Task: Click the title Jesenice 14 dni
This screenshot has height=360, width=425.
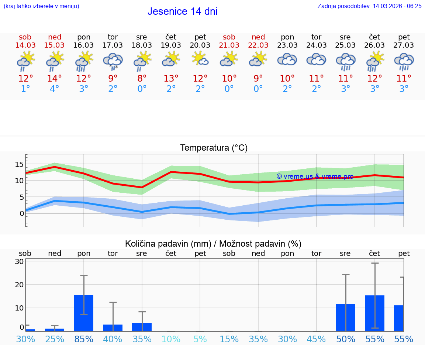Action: [x=182, y=11]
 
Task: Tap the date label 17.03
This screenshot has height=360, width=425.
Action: [x=113, y=45]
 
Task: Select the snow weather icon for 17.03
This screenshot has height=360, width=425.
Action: [x=113, y=61]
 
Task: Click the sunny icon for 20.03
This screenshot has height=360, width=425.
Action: [x=200, y=59]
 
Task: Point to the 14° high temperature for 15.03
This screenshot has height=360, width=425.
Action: [x=54, y=79]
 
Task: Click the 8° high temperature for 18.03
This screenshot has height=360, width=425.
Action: [x=142, y=79]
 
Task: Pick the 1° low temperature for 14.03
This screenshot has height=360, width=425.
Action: [x=25, y=89]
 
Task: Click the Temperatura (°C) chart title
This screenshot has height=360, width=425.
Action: [x=214, y=148]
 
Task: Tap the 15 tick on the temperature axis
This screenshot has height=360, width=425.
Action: [x=19, y=164]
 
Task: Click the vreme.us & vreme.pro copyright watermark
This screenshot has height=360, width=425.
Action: [x=315, y=176]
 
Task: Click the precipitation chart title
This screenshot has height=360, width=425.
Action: [x=213, y=244]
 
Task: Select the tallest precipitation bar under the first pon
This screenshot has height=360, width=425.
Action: [x=84, y=313]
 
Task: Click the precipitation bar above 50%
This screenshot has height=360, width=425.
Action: [x=345, y=317]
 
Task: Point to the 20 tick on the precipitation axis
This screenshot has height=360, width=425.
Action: [x=19, y=285]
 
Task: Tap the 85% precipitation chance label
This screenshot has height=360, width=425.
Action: [x=84, y=339]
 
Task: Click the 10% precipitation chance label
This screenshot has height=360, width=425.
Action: [x=171, y=339]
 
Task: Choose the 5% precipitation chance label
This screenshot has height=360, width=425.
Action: [x=200, y=339]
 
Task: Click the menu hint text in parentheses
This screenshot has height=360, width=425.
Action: [x=41, y=6]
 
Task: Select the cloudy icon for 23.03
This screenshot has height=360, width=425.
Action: [x=287, y=60]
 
